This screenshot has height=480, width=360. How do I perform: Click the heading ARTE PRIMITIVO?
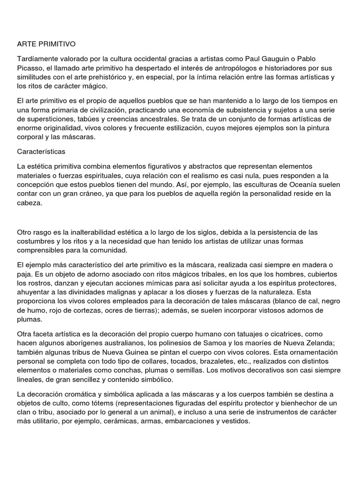(x=46, y=44)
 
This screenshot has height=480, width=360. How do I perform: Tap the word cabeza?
(x=30, y=203)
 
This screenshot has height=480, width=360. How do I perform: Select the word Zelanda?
(x=319, y=343)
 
